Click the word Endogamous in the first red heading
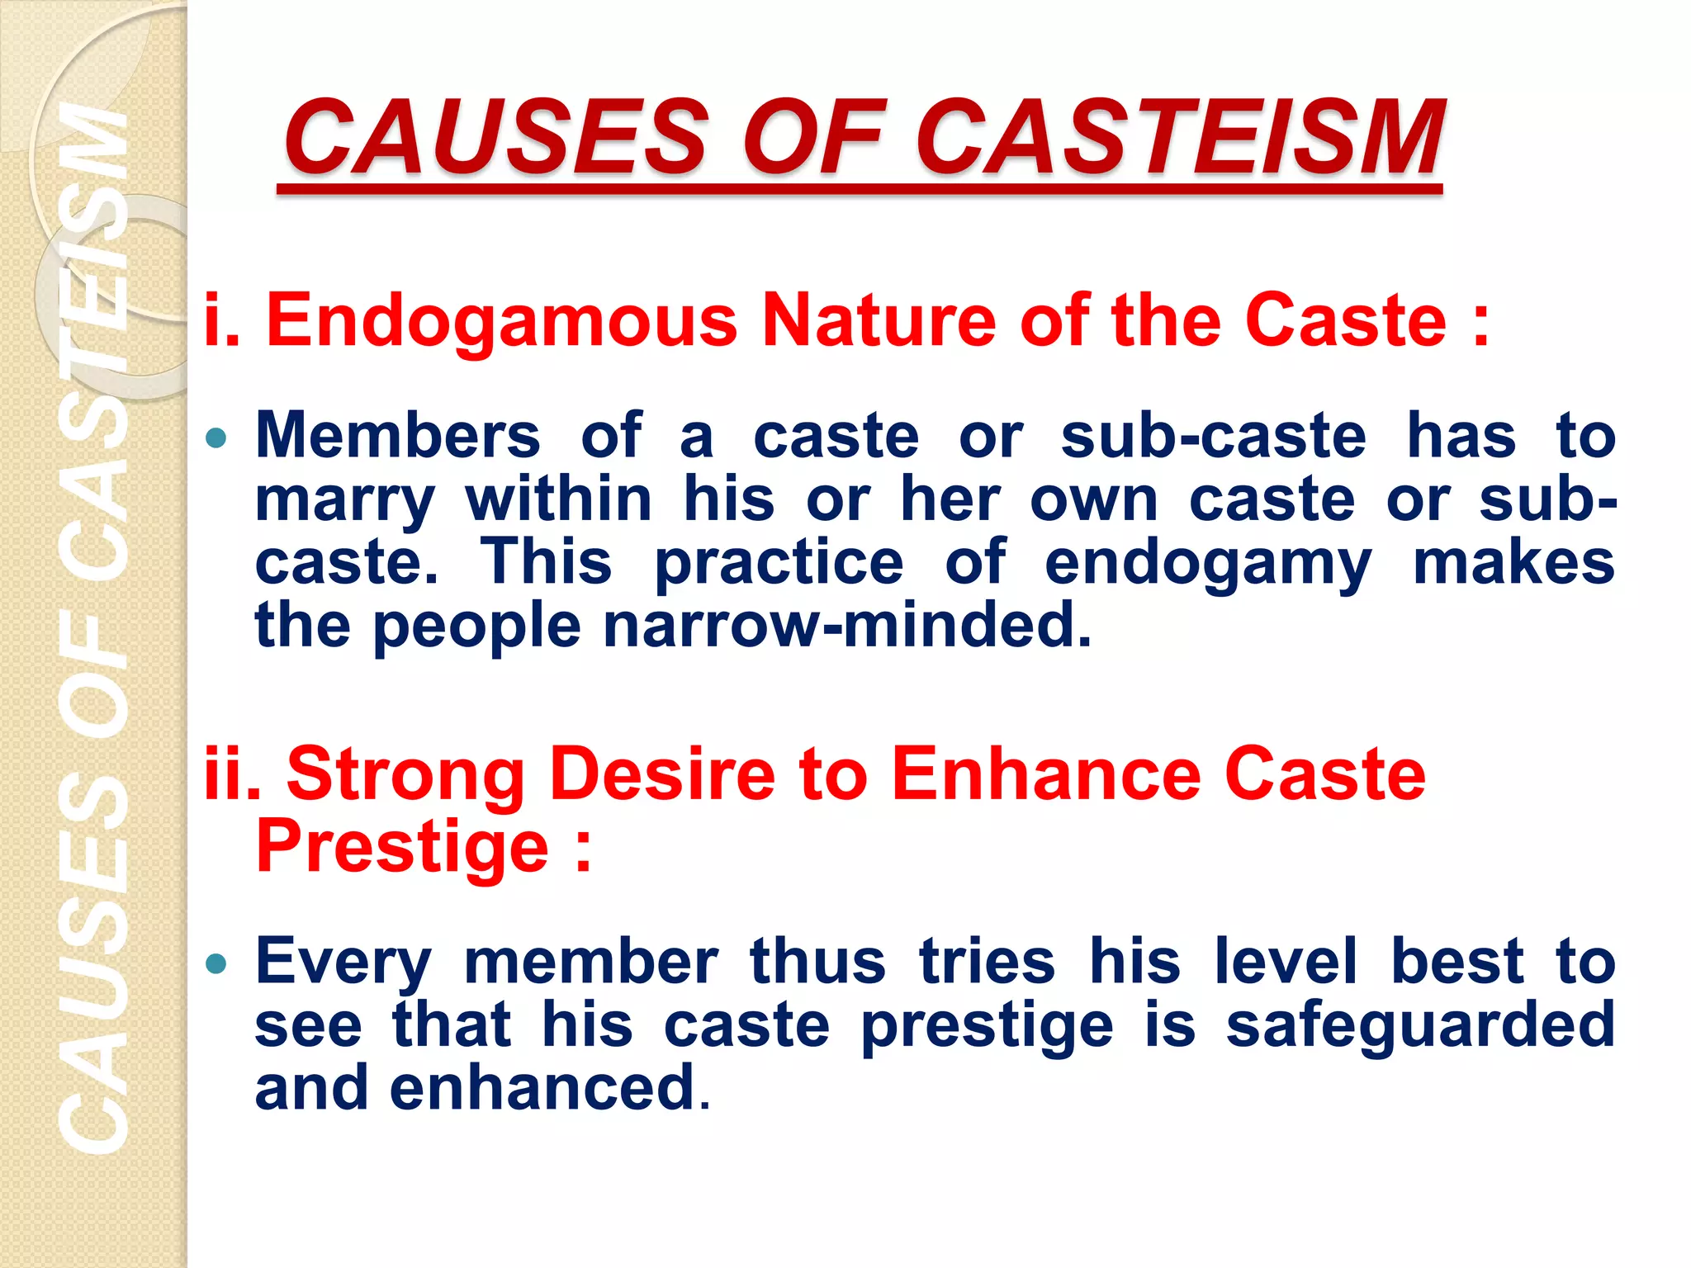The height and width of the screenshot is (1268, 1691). click(500, 322)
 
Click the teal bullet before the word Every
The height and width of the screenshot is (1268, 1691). click(216, 963)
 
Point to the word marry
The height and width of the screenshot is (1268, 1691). click(344, 502)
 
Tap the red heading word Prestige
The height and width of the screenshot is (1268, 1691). click(402, 847)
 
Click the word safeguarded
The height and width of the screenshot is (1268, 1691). click(1420, 1025)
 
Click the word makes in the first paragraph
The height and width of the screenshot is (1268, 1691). click(1513, 562)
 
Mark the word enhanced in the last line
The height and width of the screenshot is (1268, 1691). click(542, 1088)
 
